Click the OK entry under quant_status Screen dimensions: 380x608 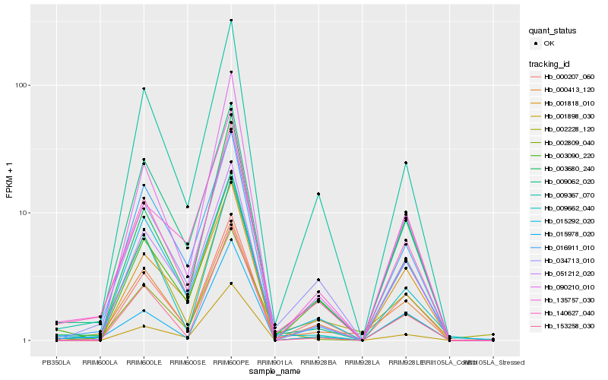pyautogui.click(x=549, y=43)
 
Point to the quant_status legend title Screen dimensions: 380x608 pyautogui.click(x=553, y=31)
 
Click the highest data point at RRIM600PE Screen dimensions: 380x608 pyautogui.click(x=231, y=21)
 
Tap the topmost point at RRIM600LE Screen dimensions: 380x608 pyautogui.click(x=144, y=89)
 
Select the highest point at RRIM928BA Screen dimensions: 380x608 pyautogui.click(x=318, y=194)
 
